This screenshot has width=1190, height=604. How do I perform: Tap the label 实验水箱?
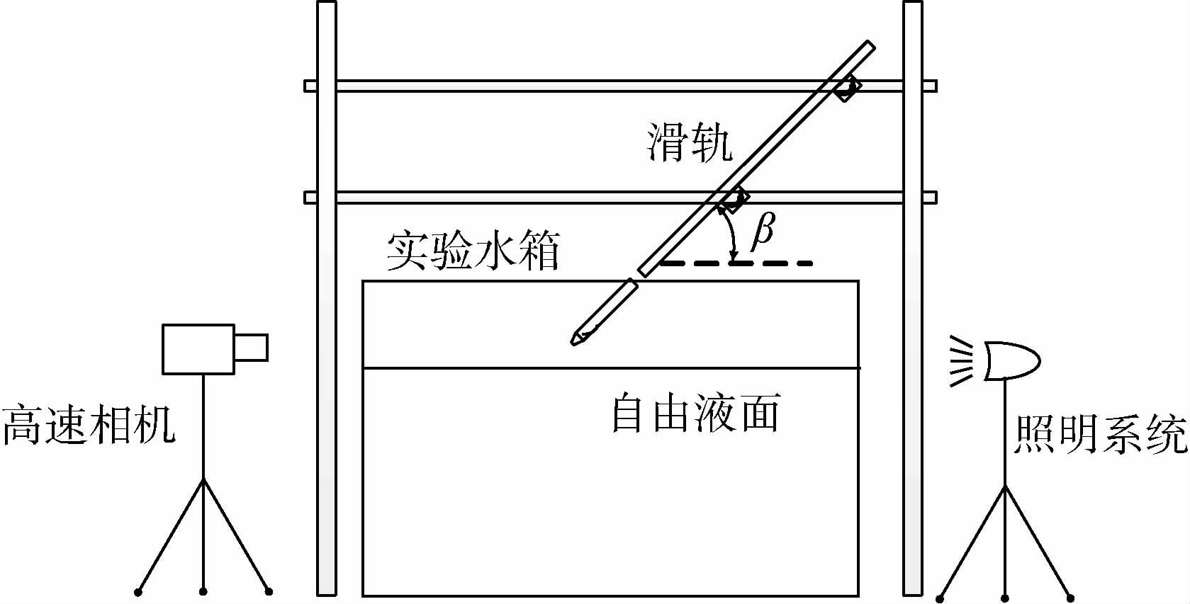473,251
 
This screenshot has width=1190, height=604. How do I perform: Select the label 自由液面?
695,414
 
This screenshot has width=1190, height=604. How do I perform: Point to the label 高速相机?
89,426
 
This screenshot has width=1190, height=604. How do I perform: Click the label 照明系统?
1101,433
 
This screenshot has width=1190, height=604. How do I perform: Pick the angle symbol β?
762,231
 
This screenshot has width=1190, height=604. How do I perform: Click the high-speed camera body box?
198,348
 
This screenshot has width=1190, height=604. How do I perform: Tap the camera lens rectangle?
251,347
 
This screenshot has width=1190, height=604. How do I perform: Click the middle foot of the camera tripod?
203,591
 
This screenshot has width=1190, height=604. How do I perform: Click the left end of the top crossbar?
310,86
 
